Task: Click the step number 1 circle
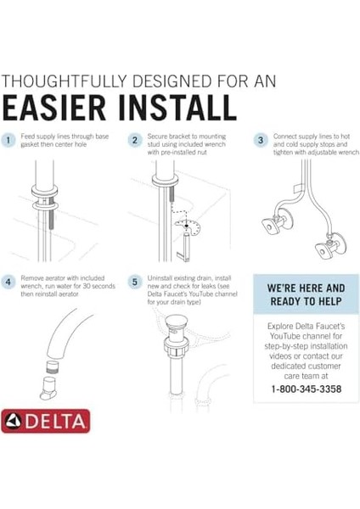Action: coord(8,140)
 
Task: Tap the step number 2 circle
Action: coord(134,140)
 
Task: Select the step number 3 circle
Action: coord(261,140)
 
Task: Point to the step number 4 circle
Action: coord(8,282)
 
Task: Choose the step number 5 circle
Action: coord(134,282)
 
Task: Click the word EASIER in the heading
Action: coord(54,108)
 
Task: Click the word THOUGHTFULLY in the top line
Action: coord(64,81)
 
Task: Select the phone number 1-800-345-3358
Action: coord(306,389)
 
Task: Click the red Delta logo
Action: coord(46,421)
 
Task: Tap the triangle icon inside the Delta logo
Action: coord(13,421)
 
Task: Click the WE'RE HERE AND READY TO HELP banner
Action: coord(306,294)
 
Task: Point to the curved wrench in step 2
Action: coord(188,227)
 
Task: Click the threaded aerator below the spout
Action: coord(54,366)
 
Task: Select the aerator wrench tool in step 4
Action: coord(48,388)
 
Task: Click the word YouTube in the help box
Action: coord(285,336)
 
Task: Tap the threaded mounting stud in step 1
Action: coord(51,217)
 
